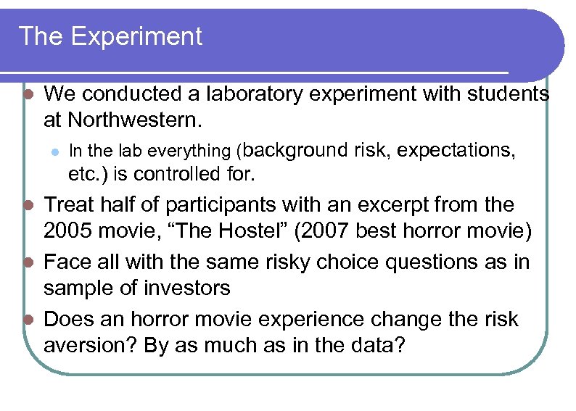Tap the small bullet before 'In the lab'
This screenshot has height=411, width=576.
53,151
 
